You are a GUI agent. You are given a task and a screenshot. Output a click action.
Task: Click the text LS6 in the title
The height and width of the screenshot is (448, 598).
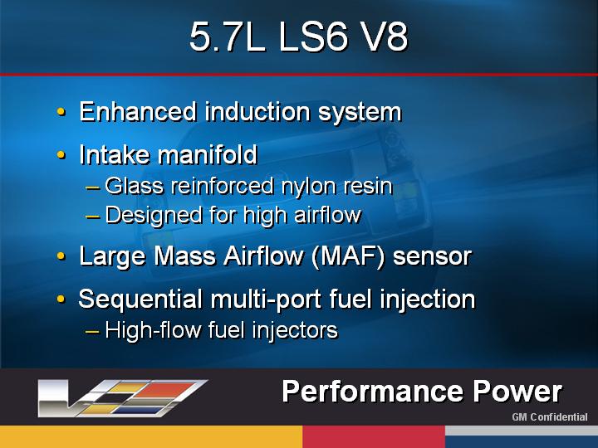[313, 37]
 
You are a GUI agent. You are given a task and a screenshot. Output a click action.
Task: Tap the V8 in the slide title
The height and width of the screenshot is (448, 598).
[385, 37]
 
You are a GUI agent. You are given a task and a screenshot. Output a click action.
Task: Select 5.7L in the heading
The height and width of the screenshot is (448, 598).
[228, 37]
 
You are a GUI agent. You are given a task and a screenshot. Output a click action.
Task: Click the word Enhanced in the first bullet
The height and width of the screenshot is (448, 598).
[138, 112]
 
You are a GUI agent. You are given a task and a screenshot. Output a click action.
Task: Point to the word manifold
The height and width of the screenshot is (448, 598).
[208, 154]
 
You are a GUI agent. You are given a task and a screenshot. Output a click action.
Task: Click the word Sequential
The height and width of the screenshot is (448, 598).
[140, 299]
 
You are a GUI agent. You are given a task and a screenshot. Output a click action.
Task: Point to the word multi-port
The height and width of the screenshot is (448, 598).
[266, 299]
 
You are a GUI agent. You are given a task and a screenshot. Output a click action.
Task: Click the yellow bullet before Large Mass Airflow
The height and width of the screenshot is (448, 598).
[61, 256]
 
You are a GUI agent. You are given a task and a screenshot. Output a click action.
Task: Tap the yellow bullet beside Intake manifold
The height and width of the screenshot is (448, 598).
[61, 154]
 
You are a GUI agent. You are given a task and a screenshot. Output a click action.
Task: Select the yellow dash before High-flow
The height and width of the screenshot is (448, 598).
[93, 331]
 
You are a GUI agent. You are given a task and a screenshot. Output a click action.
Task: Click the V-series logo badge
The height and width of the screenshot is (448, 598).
[122, 397]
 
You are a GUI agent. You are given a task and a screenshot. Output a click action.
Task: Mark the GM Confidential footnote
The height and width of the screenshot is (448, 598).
[550, 417]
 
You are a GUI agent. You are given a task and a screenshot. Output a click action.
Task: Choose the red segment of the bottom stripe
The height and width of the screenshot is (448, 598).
[374, 437]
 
